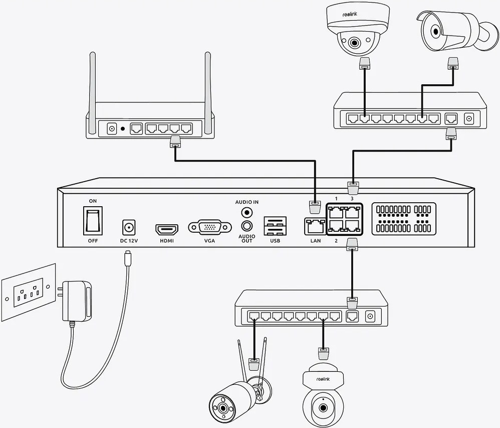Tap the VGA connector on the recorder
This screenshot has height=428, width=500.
pos(209,227)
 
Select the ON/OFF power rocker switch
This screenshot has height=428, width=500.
pos(93,221)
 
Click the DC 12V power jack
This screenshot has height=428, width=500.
pos(129,227)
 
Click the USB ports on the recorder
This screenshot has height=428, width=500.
pos(275,226)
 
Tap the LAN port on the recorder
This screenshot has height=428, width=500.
pos(315,226)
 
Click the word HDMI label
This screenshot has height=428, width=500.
pos(167,241)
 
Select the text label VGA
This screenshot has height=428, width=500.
pos(209,241)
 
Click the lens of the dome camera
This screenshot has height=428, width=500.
pos(354,43)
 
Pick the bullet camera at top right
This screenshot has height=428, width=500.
pos(454,31)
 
